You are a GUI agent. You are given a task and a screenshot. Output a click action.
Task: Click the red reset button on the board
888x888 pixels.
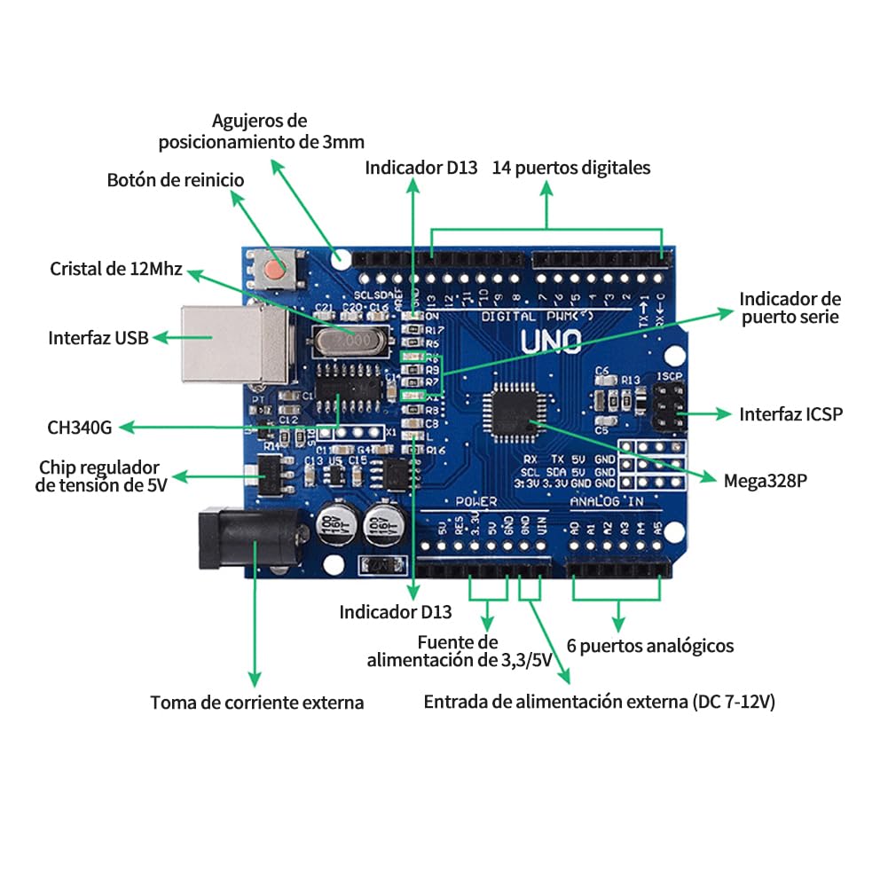[x=279, y=268]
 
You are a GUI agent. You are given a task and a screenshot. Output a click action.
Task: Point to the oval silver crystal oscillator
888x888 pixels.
[x=348, y=340]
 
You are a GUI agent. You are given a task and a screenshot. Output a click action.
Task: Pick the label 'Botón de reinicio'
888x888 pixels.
[x=176, y=180]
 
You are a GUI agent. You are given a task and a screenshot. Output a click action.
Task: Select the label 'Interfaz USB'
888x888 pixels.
[x=98, y=338]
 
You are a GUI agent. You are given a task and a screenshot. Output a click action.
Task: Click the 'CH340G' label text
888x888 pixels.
[x=80, y=428]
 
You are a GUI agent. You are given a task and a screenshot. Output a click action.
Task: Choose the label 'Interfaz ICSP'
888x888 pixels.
[x=790, y=414]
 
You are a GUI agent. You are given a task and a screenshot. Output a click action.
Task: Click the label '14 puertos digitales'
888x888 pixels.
[x=571, y=168]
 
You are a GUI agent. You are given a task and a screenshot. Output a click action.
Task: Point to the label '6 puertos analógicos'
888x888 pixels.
[x=650, y=646]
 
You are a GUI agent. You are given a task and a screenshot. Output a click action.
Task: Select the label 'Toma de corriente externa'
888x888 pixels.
[x=257, y=703]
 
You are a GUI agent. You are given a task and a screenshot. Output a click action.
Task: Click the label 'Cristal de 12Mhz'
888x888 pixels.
[x=116, y=269]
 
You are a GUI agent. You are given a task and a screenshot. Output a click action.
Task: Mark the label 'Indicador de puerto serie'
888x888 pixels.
[x=790, y=308]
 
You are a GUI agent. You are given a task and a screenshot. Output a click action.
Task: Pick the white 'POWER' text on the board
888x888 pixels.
[x=476, y=502]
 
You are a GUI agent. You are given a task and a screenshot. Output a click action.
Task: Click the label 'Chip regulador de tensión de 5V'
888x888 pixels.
[x=100, y=475]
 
